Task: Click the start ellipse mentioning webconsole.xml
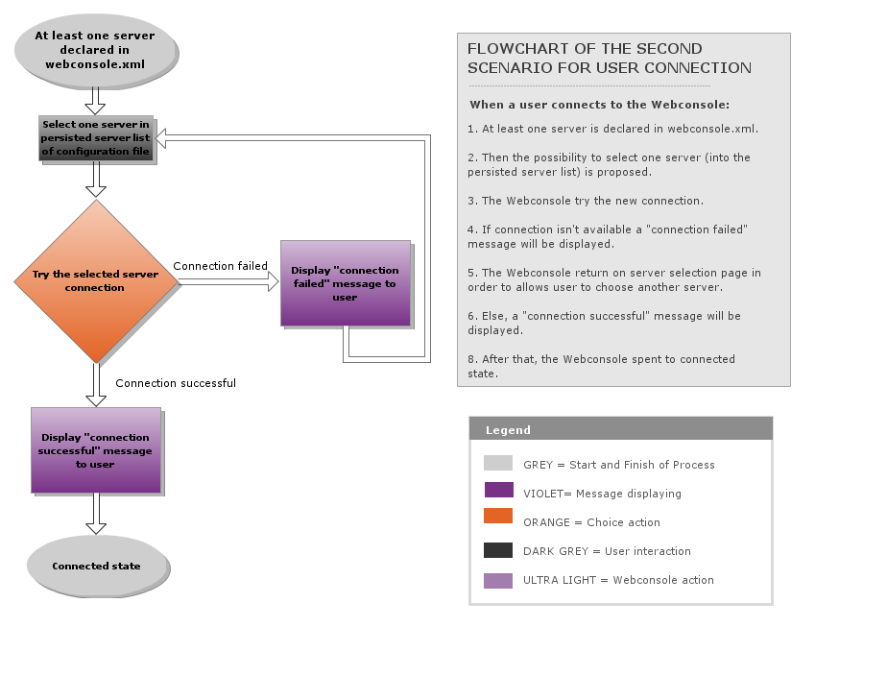95,50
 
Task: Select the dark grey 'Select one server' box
96,138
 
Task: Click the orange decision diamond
96,281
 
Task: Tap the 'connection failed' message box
345,283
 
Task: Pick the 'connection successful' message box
95,450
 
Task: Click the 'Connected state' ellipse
96,566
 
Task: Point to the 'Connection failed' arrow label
220,266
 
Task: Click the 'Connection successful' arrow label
176,383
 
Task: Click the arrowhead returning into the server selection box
162,140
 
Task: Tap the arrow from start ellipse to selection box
95,100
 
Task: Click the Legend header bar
620,429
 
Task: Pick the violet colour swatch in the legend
498,491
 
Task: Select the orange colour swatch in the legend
498,517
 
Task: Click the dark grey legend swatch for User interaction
498,550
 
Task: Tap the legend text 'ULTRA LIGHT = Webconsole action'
618,580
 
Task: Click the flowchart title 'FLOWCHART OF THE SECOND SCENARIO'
609,58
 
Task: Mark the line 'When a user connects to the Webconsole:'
599,105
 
